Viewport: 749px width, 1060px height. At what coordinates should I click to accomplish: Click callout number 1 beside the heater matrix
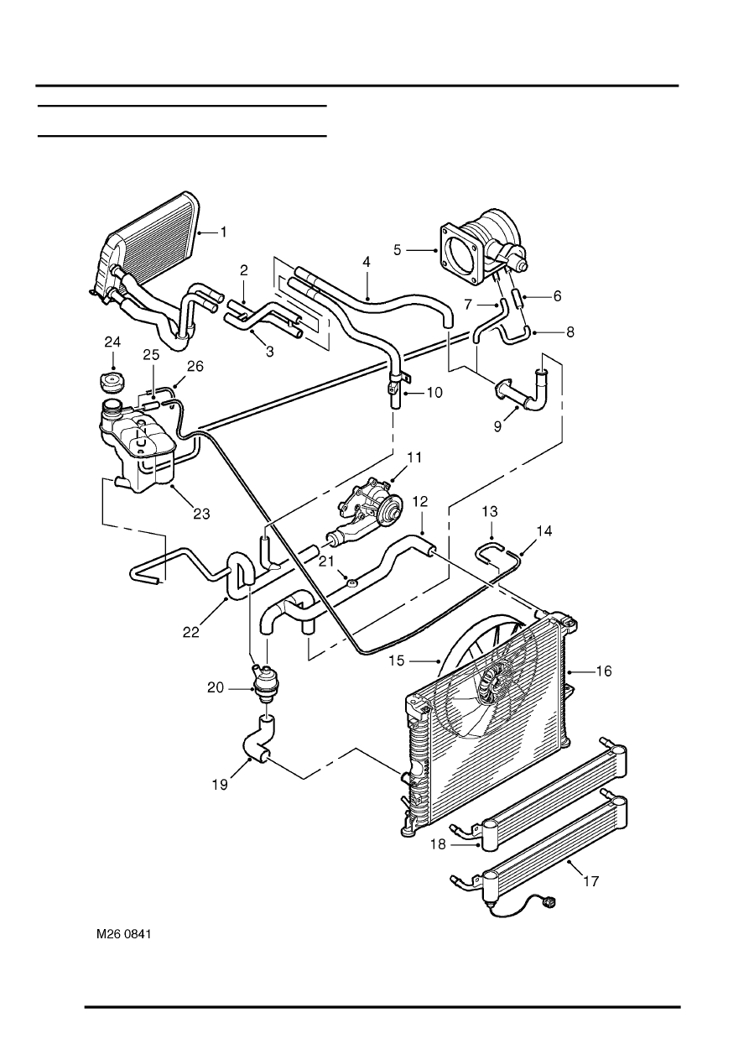[x=224, y=232]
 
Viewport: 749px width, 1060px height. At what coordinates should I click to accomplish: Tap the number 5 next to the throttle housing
[x=398, y=250]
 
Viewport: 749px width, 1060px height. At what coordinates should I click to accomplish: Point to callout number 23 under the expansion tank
[x=202, y=514]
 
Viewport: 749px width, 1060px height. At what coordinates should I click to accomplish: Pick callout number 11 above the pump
[x=414, y=458]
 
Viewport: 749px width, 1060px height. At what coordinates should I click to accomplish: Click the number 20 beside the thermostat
[x=216, y=687]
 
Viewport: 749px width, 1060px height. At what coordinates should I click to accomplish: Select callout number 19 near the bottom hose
[x=220, y=785]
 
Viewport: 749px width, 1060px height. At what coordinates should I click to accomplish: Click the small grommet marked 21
[x=351, y=582]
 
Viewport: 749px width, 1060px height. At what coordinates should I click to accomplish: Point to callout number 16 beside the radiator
[x=604, y=671]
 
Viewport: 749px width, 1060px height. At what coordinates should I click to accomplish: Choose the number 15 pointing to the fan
[x=398, y=661]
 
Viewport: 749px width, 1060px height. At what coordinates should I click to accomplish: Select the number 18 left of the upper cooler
[x=439, y=843]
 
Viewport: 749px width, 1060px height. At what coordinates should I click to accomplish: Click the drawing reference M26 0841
[x=124, y=935]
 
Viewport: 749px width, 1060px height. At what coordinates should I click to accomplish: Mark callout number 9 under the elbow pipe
[x=498, y=426]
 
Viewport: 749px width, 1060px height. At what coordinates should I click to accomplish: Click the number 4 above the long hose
[x=367, y=262]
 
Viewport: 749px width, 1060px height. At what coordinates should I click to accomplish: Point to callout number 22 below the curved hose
[x=191, y=632]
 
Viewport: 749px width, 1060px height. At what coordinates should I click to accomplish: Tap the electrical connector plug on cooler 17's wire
[x=550, y=904]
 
